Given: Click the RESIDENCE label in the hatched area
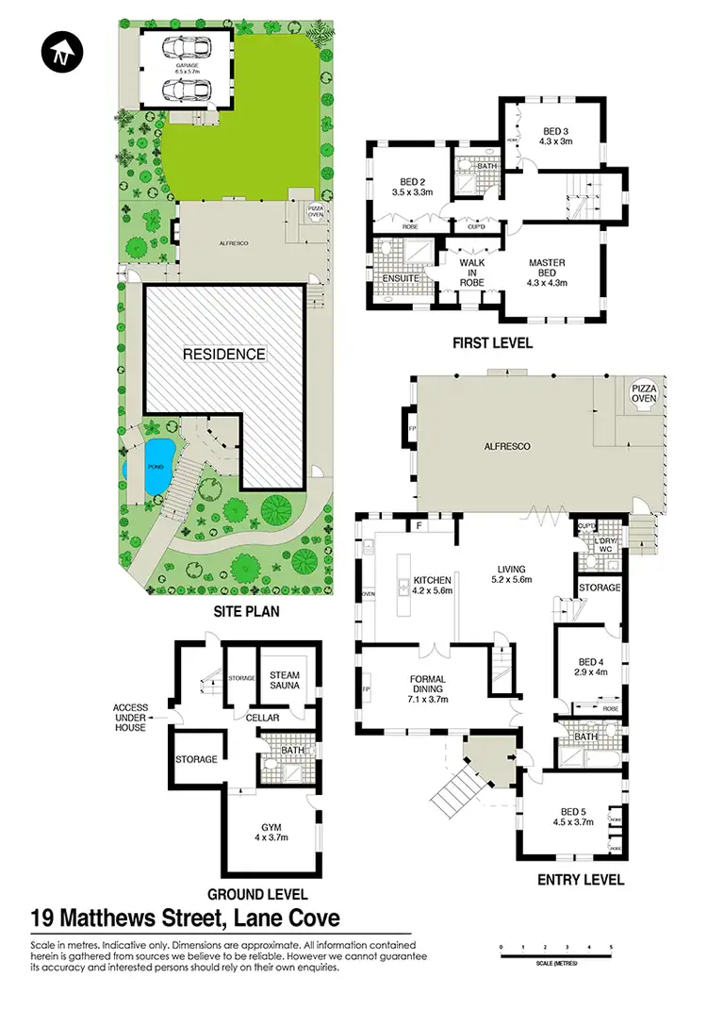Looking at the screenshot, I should [x=224, y=354].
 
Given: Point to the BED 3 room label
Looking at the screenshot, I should [x=557, y=136].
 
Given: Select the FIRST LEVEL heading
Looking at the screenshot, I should [x=491, y=343].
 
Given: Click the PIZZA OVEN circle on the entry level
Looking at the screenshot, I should [x=644, y=392].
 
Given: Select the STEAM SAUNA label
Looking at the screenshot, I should [x=285, y=681].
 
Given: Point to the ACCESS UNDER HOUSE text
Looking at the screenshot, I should [x=130, y=718].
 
